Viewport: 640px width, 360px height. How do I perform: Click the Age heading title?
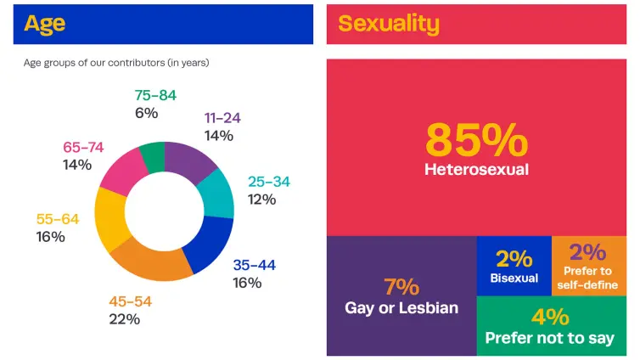44,23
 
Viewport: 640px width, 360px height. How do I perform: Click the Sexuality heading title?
389,23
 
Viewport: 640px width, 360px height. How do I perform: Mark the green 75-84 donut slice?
153,156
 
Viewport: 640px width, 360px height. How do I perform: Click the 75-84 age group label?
155,95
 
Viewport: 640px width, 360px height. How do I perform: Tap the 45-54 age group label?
130,301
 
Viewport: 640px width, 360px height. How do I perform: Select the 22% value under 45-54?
124,319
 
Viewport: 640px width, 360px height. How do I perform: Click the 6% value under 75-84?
146,112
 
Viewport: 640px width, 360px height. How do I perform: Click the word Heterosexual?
476,170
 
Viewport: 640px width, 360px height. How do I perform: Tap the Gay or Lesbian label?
401,307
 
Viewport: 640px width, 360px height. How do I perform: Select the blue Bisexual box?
514,265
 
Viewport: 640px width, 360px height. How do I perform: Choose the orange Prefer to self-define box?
588,265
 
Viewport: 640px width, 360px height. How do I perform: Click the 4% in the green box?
550,317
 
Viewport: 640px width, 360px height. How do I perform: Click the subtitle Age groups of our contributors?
116,63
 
